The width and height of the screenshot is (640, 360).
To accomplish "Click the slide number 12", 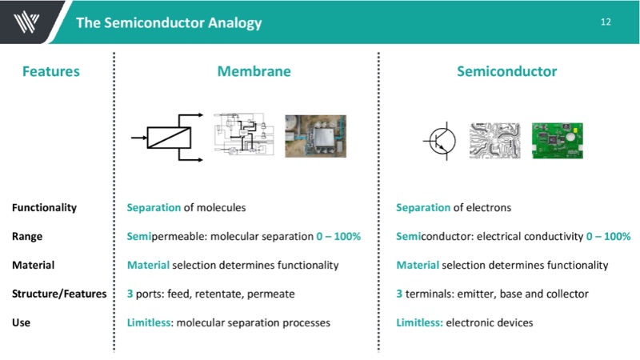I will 606,22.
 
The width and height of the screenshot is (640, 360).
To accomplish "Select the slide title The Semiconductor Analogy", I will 169,22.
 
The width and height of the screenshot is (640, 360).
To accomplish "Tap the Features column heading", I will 51,71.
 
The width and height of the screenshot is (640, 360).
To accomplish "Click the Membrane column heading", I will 254,71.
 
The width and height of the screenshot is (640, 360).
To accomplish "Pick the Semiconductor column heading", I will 506,71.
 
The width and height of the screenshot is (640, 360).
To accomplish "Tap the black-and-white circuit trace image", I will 494,139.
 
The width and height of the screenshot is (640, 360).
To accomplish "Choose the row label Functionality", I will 44,208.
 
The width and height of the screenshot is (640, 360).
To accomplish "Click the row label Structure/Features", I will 59,294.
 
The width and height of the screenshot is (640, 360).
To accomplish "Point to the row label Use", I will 21,322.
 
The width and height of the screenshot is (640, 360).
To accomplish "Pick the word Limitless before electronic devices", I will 419,322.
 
